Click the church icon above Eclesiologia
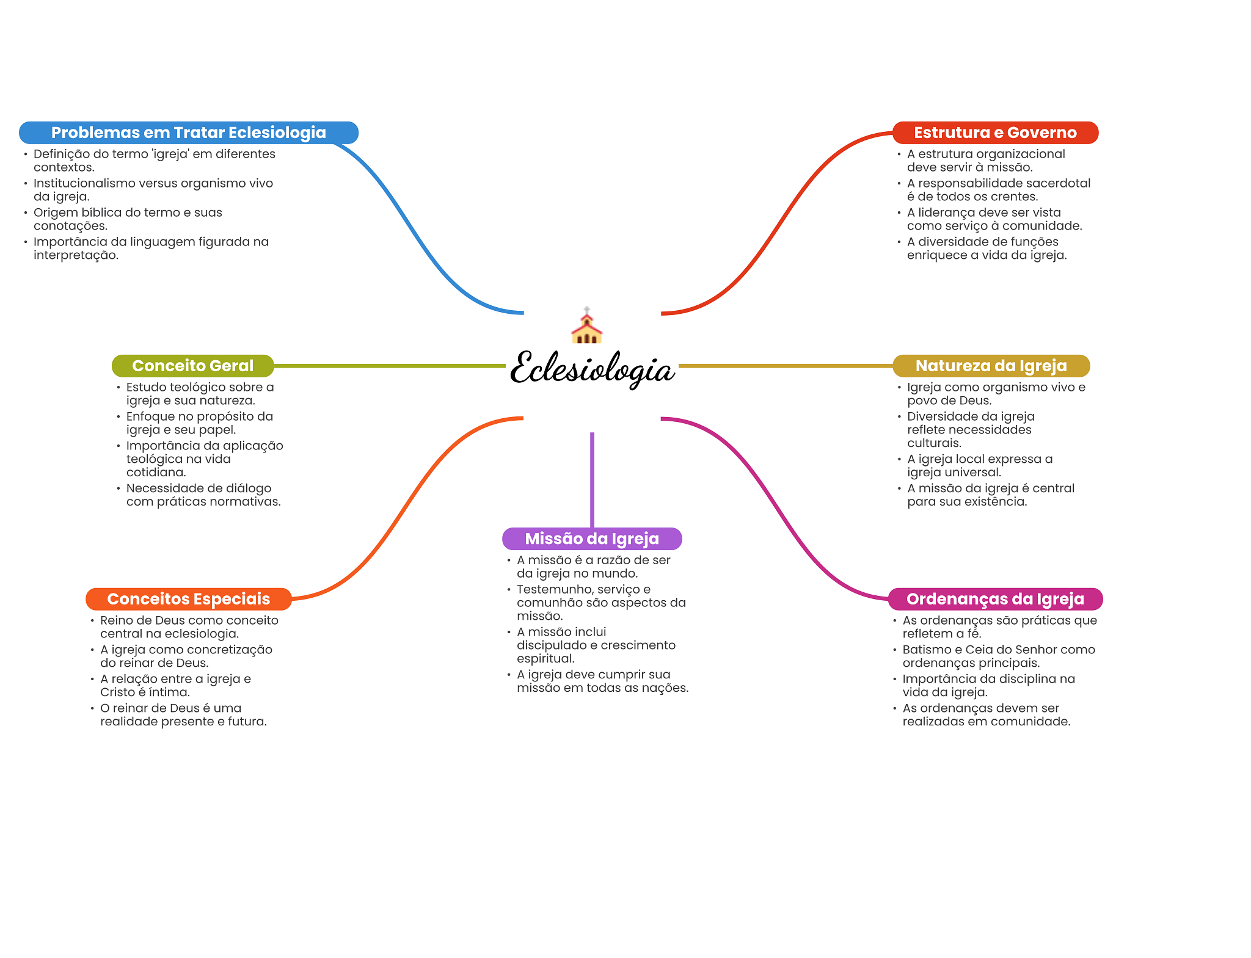pos(586,327)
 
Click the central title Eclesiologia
pos(592,368)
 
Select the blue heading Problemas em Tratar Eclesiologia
pos(188,132)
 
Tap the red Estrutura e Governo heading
pos(995,132)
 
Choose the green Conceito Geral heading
pos(192,366)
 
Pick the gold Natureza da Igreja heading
pos(991,366)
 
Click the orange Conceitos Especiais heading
pos(188,599)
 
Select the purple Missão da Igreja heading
pos(592,539)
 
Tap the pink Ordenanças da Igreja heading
pos(995,599)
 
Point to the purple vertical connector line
pos(592,479)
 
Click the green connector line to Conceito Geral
pos(391,366)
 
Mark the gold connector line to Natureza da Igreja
pos(785,366)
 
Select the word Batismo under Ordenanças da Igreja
pos(924,650)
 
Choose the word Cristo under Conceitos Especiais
pos(117,692)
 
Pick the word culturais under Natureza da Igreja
pos(934,443)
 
